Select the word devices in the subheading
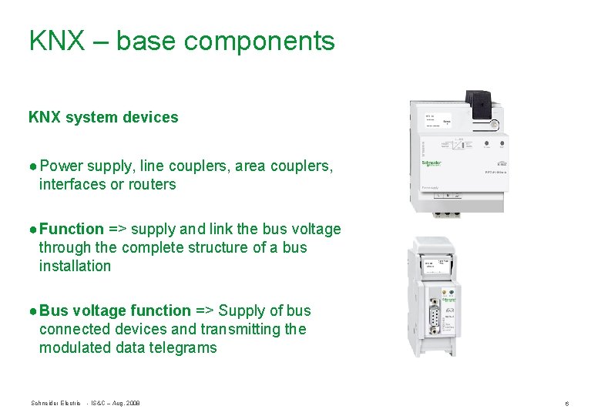point(153,118)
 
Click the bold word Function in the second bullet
point(72,229)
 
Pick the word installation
point(75,266)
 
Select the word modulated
point(76,347)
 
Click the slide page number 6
point(566,404)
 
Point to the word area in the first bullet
point(249,166)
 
